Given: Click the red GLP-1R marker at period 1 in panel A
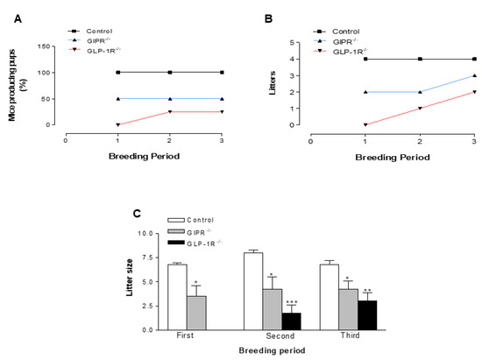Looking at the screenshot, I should tap(117, 124).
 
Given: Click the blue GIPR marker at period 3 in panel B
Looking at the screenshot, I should tap(474, 75).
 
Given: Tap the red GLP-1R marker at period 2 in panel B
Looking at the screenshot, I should tap(420, 108).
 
